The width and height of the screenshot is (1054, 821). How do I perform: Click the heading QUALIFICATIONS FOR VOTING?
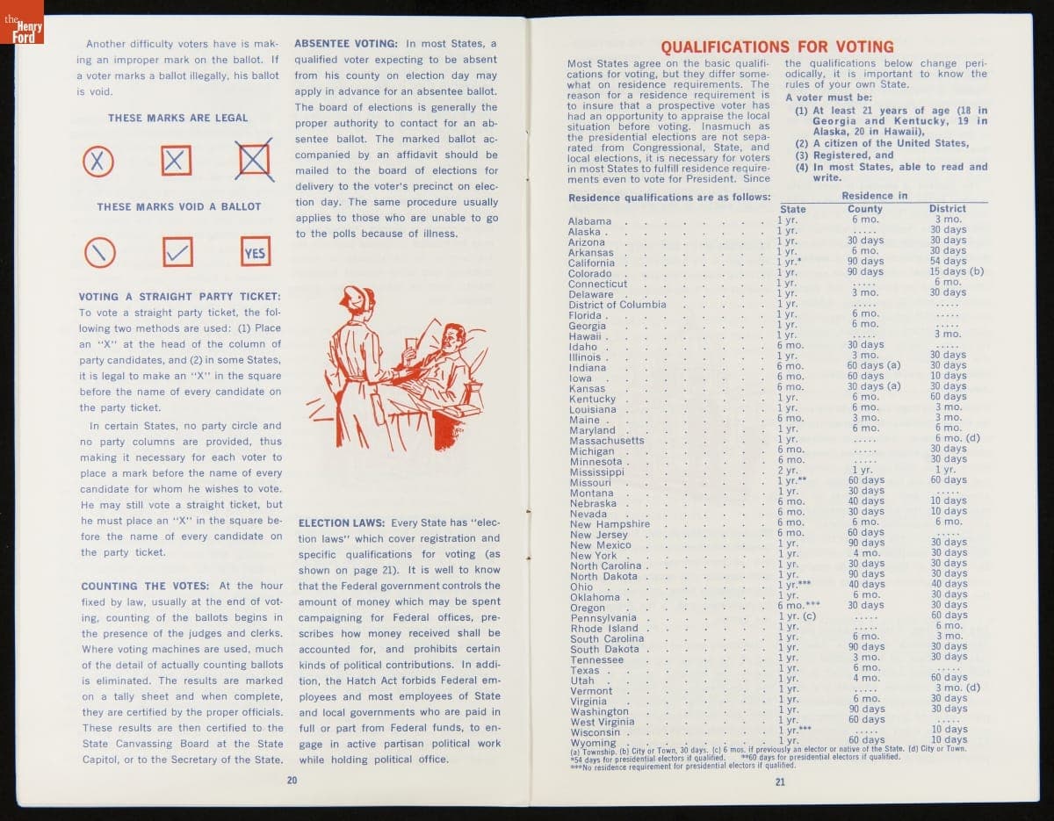click(x=776, y=47)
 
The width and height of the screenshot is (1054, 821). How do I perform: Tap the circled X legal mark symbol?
click(x=98, y=161)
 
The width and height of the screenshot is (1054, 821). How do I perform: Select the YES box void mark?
click(x=255, y=252)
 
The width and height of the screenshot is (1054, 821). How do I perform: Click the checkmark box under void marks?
click(x=178, y=252)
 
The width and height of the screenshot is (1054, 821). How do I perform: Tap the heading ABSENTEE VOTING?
click(x=346, y=44)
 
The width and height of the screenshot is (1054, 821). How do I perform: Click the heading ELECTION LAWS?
click(x=342, y=522)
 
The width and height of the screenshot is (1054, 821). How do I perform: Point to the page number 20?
click(x=292, y=780)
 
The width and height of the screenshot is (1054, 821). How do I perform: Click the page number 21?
click(x=780, y=782)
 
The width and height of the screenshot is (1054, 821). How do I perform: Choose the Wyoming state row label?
click(x=593, y=743)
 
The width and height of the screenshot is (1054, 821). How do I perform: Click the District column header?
click(x=947, y=209)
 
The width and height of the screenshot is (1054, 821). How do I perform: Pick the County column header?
click(x=865, y=209)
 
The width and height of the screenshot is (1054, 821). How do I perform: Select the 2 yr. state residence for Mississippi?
click(x=787, y=471)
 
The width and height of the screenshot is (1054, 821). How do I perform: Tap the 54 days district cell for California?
click(x=948, y=262)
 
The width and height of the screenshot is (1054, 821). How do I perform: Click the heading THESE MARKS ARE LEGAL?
click(x=178, y=118)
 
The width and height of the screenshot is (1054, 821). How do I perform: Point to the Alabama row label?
click(x=589, y=221)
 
